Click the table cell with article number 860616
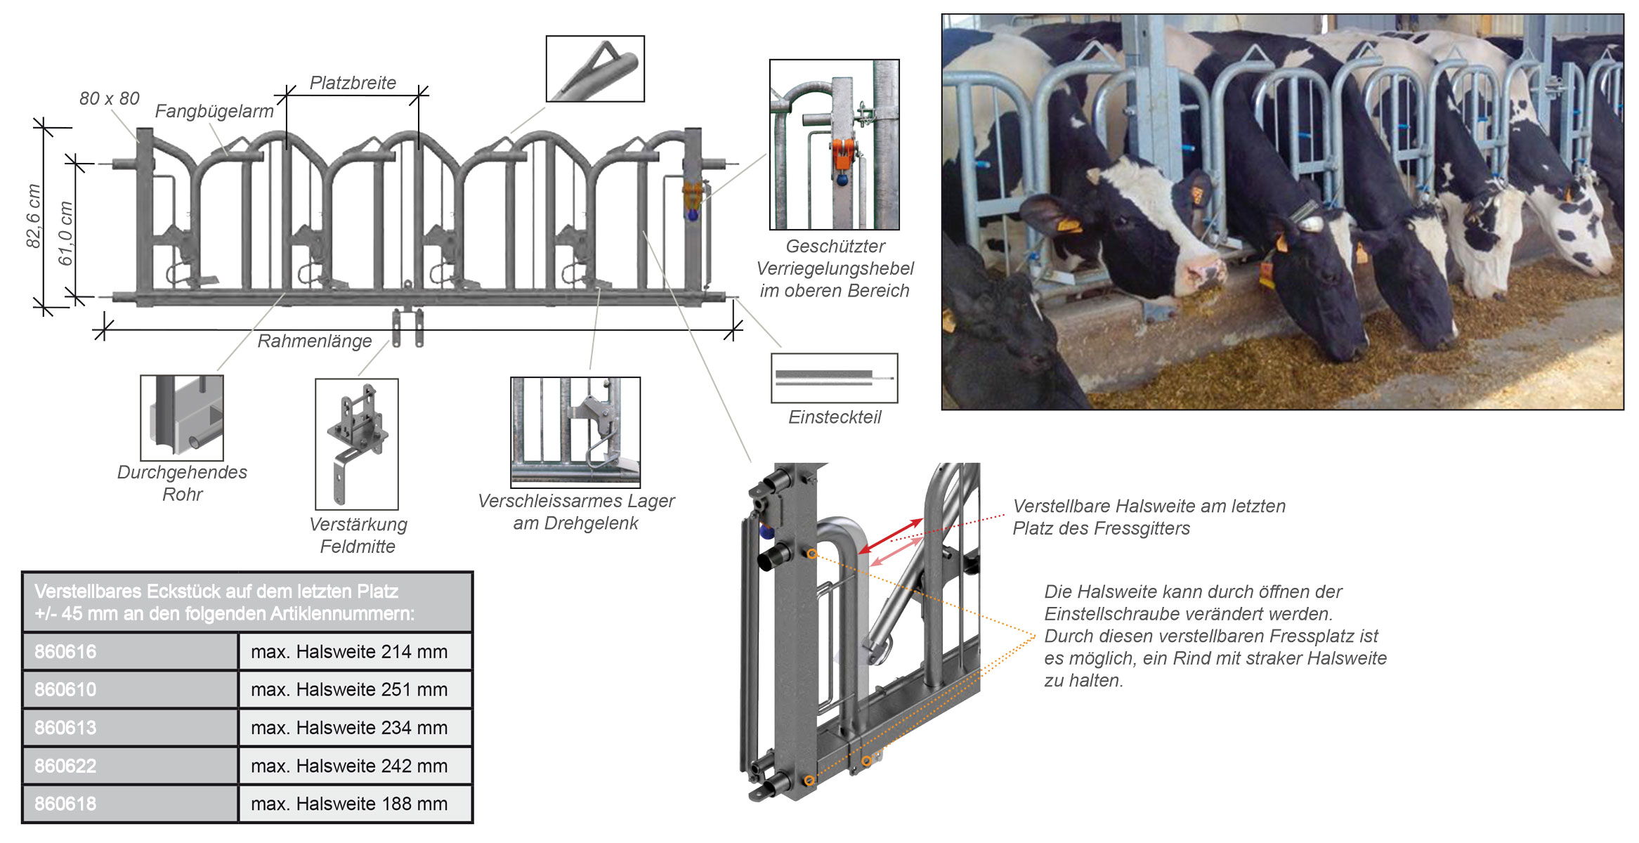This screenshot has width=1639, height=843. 130,651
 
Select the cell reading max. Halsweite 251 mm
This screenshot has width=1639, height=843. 349,689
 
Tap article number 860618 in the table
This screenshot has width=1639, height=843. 130,804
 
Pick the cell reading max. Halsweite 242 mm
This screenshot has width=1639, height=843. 349,766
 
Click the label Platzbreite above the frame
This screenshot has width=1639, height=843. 353,83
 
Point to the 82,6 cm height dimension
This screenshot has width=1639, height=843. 33,216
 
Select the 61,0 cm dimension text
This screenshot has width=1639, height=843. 65,233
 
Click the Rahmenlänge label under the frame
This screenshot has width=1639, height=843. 314,341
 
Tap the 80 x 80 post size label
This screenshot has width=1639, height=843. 109,98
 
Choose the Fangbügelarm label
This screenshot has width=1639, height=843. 214,111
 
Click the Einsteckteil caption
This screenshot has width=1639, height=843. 834,417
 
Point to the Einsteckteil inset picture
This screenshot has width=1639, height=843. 834,378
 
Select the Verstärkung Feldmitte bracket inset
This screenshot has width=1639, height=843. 357,444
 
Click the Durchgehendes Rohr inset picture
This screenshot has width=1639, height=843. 182,418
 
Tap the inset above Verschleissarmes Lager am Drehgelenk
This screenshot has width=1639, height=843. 575,432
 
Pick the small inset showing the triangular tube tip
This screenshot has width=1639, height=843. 595,69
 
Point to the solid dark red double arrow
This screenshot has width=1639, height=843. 891,536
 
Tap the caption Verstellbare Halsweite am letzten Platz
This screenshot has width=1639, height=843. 1149,517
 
